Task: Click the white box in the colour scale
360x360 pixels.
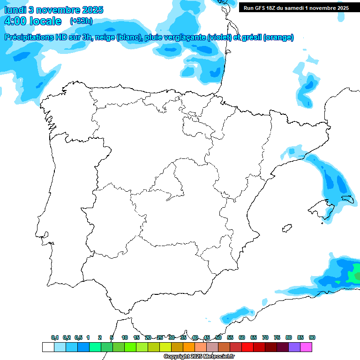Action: click(x=48, y=347)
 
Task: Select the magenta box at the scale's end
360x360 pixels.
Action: click(x=306, y=347)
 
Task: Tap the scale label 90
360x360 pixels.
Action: click(x=312, y=337)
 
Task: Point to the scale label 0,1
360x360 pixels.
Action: click(x=55, y=337)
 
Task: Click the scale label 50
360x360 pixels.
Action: click(x=218, y=337)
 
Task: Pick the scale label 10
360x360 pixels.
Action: click(x=125, y=337)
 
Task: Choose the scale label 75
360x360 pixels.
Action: click(x=277, y=337)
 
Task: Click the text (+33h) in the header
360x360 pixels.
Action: click(x=81, y=21)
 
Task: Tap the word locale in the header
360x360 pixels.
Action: click(x=45, y=21)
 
